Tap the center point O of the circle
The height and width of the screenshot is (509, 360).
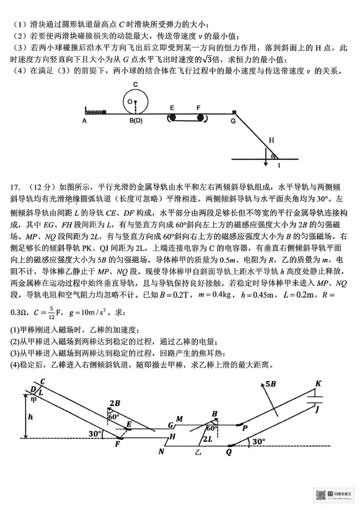130,102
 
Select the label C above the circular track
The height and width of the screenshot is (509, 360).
135,84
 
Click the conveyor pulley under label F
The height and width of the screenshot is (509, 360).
200,118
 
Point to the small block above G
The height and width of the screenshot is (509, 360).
234,112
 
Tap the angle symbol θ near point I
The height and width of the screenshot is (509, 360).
272,156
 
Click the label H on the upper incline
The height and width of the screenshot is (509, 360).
271,140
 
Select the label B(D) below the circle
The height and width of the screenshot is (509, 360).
135,121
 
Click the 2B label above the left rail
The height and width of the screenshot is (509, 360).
114,403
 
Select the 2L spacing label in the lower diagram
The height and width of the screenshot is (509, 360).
207,439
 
